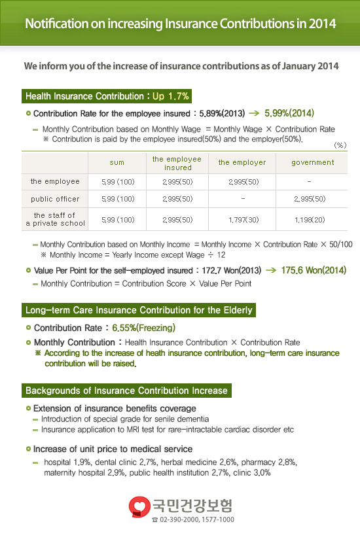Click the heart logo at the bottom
coord(139,506)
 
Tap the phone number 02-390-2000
coord(176,519)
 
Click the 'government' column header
coord(312,162)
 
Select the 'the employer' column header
coord(242,162)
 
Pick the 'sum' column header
coord(116,162)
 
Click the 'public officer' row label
coord(55,199)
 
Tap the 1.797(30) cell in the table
coord(242,219)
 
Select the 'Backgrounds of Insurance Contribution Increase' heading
coord(126,391)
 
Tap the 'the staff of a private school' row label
coord(55,219)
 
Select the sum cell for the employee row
coord(116,181)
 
